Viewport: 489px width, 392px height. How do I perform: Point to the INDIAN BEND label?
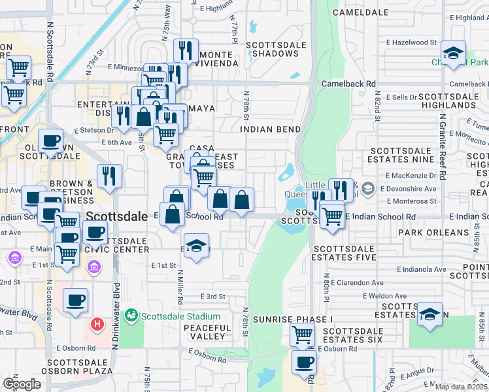[270, 129]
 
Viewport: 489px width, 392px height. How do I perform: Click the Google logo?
[22, 384]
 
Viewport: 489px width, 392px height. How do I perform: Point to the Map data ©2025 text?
[461, 387]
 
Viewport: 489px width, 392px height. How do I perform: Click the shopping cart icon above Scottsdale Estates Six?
[302, 334]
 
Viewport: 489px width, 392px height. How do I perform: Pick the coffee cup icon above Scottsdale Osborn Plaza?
[76, 299]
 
